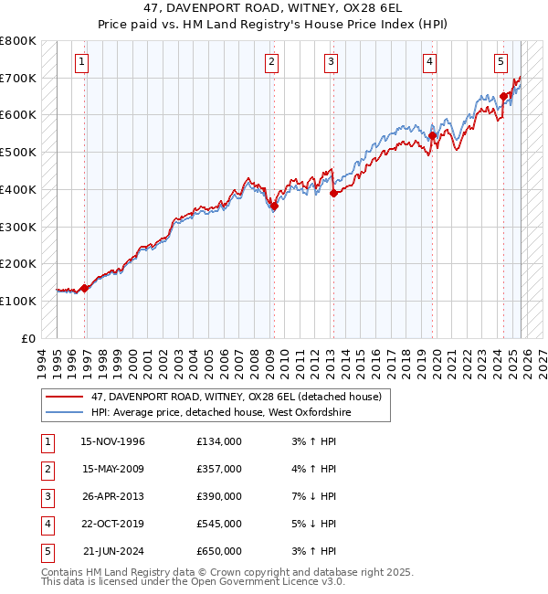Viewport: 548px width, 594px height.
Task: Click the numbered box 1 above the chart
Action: click(x=82, y=62)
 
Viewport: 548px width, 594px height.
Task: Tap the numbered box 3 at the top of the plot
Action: click(x=331, y=62)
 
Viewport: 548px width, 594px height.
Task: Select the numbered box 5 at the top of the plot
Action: click(x=501, y=62)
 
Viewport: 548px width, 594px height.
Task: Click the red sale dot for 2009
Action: click(x=274, y=206)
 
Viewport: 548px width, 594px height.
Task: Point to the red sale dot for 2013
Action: click(x=334, y=193)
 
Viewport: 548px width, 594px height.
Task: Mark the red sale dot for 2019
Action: click(x=433, y=136)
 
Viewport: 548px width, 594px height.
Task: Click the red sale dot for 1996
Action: click(x=85, y=288)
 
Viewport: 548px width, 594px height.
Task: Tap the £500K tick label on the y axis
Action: click(x=18, y=152)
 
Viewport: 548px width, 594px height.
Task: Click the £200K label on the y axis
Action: click(x=18, y=263)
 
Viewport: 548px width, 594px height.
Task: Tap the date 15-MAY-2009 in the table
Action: click(x=112, y=469)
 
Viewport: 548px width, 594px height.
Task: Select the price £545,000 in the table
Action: click(x=219, y=524)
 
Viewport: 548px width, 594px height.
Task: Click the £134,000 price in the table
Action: click(x=219, y=441)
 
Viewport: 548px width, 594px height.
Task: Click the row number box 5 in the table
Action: click(x=46, y=551)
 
